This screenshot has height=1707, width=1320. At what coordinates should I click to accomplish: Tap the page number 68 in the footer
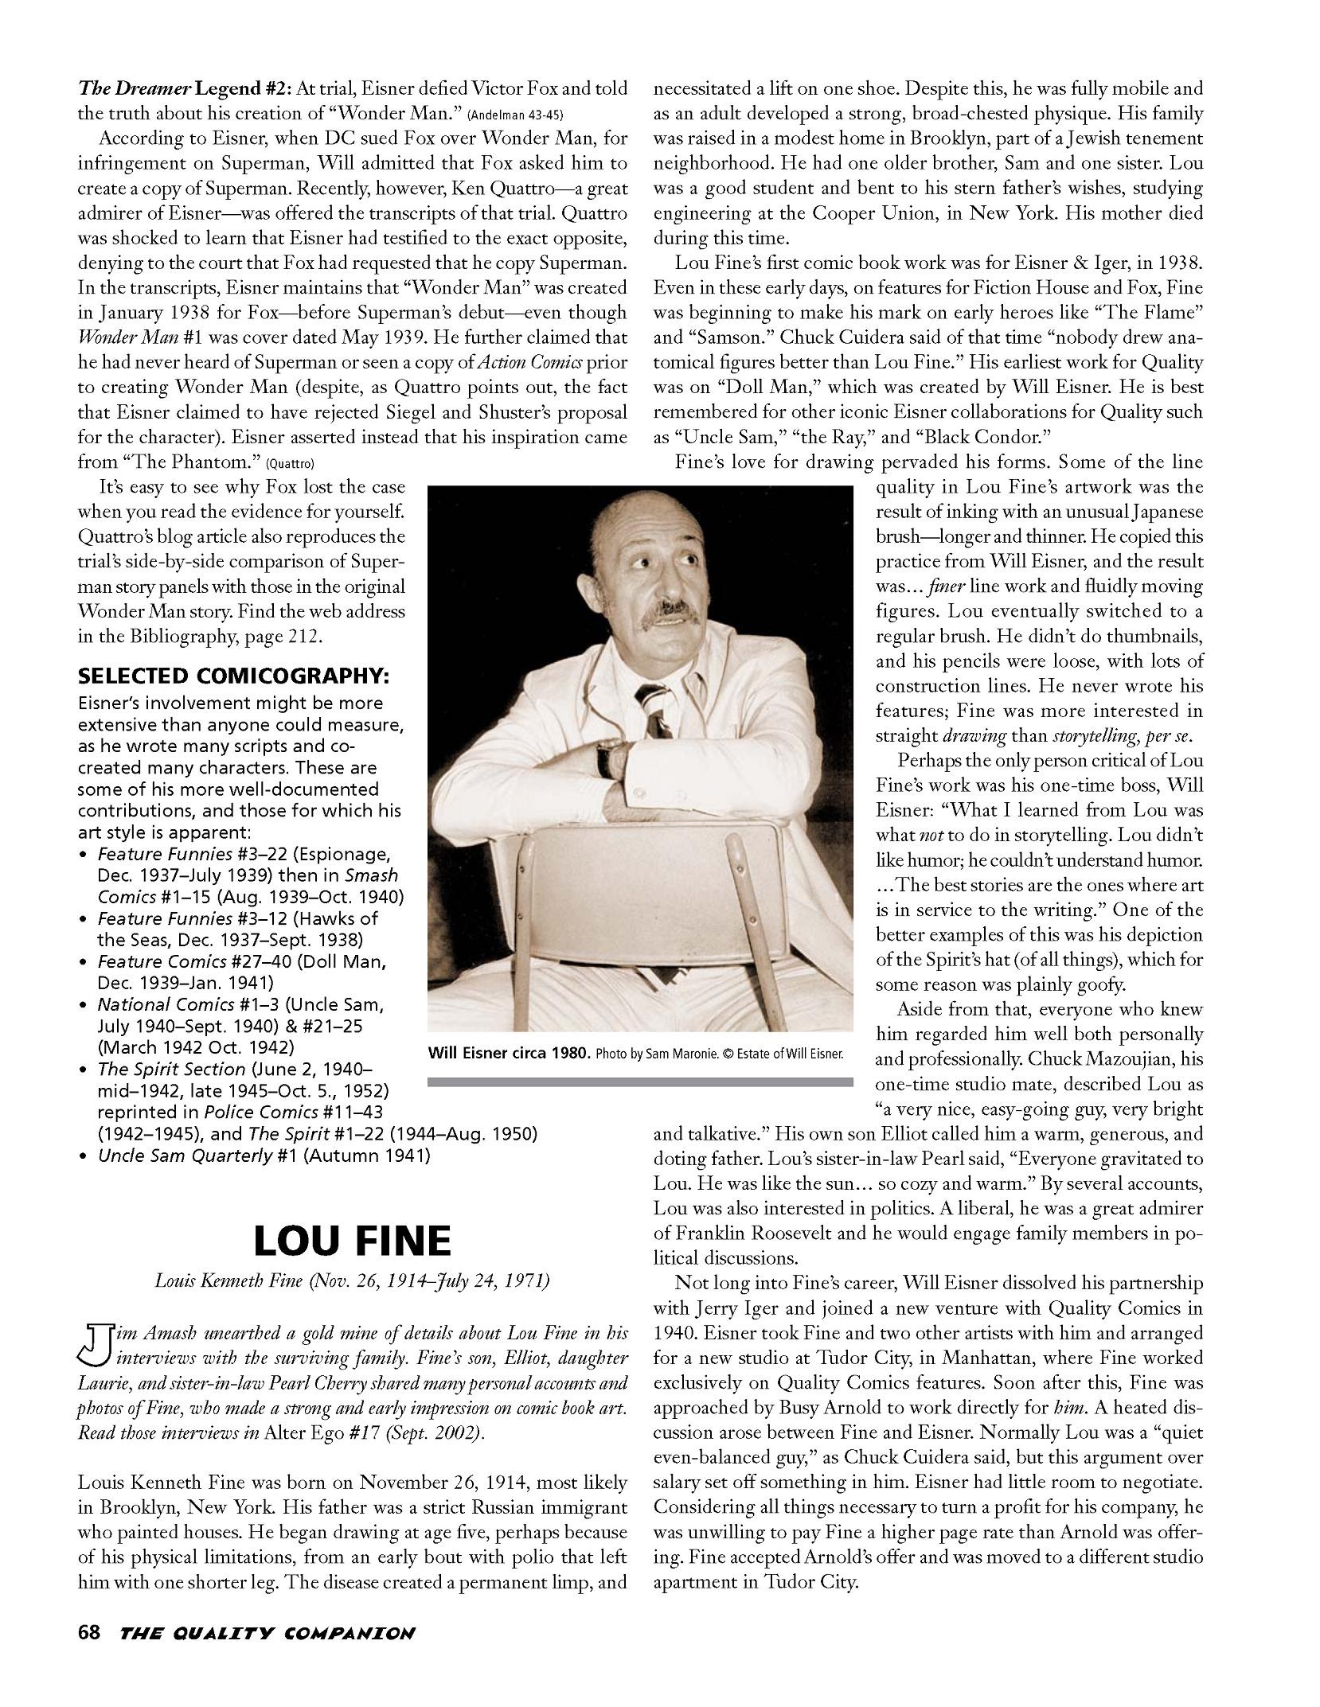(x=88, y=1633)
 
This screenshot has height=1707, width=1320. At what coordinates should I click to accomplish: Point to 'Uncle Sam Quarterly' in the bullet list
(x=185, y=1155)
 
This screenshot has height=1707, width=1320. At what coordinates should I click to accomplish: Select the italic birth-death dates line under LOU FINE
(x=352, y=1280)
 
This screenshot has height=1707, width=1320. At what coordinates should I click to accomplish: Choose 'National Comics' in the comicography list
(x=153, y=1004)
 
